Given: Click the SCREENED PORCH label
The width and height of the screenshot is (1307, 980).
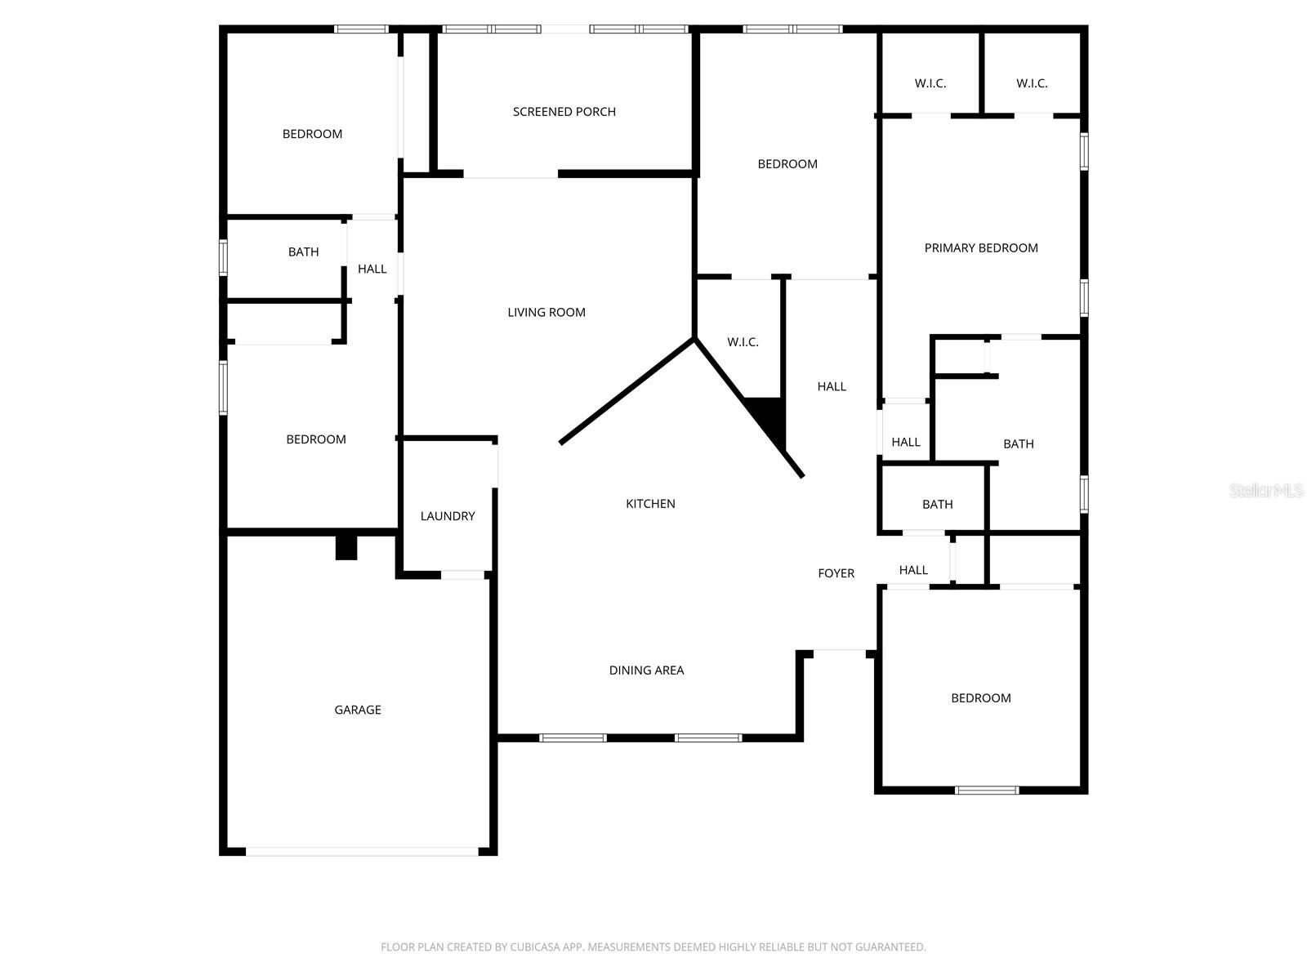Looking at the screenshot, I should [564, 112].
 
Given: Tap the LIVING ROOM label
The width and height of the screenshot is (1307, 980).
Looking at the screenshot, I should [546, 312].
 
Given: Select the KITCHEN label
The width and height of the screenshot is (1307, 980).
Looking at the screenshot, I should [650, 504].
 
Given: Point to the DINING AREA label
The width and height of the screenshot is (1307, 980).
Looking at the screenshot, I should [646, 670].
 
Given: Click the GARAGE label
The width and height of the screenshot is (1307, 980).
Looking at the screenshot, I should [358, 710].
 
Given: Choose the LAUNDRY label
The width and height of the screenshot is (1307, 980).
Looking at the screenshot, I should [448, 516].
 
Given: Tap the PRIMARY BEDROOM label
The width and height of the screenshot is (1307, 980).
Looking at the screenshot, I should [981, 248].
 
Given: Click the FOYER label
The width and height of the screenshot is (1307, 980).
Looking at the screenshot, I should [836, 573].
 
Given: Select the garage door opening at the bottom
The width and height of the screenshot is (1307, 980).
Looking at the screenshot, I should [362, 851].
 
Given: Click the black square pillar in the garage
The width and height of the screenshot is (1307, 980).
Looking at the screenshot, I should [346, 546].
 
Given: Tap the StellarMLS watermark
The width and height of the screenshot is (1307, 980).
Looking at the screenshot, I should [1266, 490].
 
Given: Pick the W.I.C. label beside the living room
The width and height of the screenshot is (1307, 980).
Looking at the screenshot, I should [743, 342].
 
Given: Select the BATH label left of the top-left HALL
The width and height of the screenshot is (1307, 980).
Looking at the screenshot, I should [303, 252].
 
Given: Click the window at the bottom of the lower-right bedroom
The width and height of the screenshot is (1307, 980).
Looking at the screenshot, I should [988, 790].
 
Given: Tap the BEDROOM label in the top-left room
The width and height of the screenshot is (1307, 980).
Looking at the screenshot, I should [312, 134].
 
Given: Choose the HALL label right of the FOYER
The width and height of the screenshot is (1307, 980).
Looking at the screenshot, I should [913, 570].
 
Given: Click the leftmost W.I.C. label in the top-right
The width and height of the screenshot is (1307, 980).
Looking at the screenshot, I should [930, 83].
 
